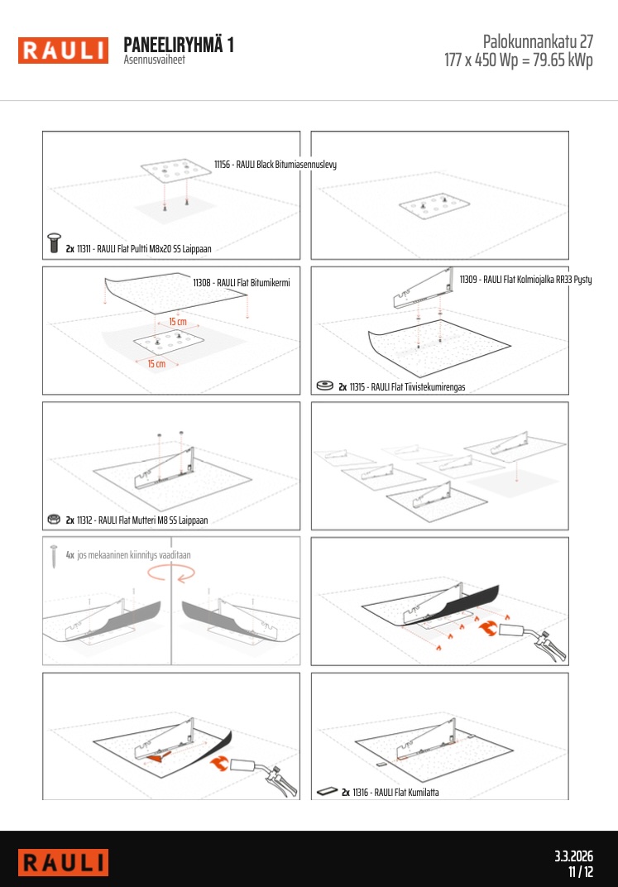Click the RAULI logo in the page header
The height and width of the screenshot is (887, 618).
point(63,50)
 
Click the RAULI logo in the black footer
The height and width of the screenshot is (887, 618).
point(63,863)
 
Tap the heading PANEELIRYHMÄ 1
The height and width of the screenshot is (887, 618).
point(179,45)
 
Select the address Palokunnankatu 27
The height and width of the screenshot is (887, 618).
point(538,41)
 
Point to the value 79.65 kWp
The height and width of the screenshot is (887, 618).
point(563,60)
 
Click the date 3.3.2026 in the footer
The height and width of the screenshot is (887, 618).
point(573,856)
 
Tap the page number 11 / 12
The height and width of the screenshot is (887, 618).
point(581,872)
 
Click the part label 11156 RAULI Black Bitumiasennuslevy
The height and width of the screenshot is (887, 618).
point(275,164)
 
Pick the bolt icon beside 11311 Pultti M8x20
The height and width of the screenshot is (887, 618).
point(55,242)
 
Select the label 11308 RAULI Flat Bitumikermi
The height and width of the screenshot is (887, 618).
point(242,282)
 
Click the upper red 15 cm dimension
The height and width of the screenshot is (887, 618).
point(178,321)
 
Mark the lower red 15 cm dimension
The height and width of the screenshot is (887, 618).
point(156,363)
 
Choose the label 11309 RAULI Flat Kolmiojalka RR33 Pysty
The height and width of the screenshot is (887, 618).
point(526,279)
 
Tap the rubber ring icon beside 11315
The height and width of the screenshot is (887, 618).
point(324,386)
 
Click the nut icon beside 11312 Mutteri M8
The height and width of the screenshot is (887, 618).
point(54,519)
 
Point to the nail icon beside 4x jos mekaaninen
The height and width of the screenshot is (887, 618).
point(54,556)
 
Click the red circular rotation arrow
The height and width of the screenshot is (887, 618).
point(171,573)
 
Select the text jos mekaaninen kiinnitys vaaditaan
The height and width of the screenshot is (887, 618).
point(134,555)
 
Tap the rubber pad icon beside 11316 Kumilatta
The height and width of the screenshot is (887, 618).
point(327,791)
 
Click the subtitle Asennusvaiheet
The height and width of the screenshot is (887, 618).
point(155,60)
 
